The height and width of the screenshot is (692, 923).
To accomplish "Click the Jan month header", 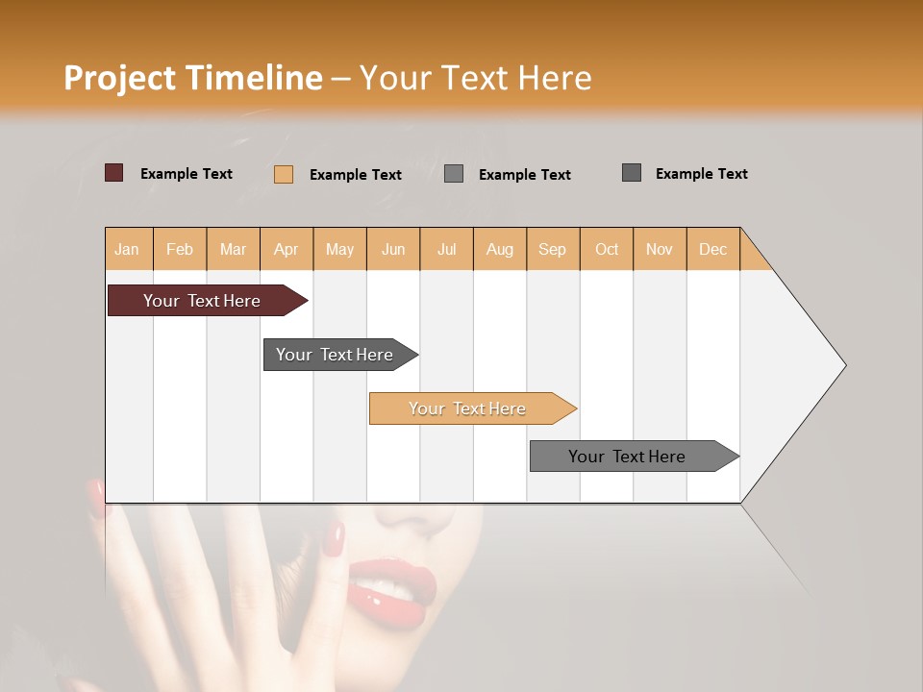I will click(127, 249).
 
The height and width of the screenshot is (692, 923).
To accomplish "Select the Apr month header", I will click(287, 249).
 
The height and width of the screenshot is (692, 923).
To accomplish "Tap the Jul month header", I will click(446, 249).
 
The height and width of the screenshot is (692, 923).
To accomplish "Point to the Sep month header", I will click(552, 249).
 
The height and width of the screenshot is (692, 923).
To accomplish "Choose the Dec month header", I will click(712, 249).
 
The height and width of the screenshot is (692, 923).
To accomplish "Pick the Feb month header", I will click(180, 249).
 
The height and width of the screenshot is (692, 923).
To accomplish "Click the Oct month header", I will click(607, 249).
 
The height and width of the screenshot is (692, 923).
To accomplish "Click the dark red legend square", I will click(114, 173).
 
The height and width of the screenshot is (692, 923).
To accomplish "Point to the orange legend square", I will click(284, 174).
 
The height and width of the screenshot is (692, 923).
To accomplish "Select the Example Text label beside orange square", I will click(355, 174).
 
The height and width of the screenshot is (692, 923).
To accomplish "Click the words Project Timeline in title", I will click(192, 78).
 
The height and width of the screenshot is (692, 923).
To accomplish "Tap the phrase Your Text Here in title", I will click(475, 78).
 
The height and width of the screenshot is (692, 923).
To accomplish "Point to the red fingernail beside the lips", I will click(333, 539).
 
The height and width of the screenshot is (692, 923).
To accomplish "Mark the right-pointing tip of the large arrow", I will click(843, 365).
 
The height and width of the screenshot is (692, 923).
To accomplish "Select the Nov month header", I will click(660, 249).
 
